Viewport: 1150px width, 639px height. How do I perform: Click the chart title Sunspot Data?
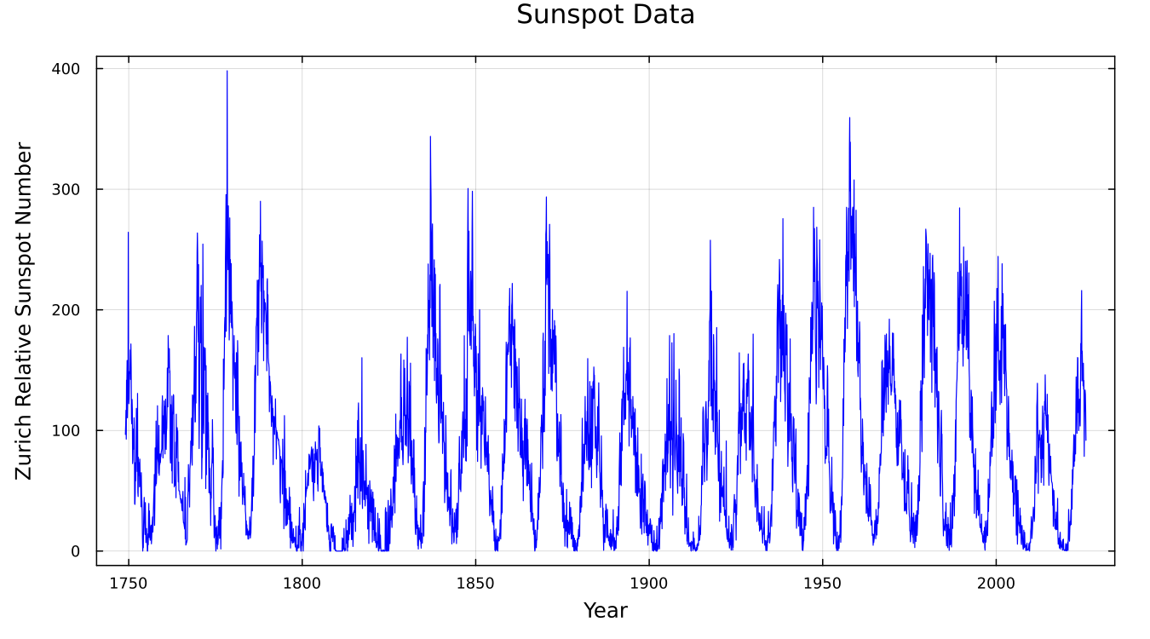pyautogui.click(x=606, y=15)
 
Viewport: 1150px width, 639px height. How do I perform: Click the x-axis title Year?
pyautogui.click(x=606, y=610)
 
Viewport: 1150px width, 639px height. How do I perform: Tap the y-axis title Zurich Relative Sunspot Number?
pyautogui.click(x=24, y=311)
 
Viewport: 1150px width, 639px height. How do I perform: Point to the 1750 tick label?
pyautogui.click(x=129, y=584)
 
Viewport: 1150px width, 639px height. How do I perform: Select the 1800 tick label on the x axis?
pyautogui.click(x=302, y=584)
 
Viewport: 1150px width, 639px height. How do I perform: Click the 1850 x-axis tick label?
pyautogui.click(x=475, y=584)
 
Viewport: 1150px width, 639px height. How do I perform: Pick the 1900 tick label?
pyautogui.click(x=649, y=584)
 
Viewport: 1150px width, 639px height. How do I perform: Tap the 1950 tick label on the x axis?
pyautogui.click(x=822, y=584)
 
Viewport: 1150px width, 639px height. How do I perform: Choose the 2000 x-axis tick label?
pyautogui.click(x=996, y=584)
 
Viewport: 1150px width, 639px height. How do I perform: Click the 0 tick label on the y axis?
pyautogui.click(x=76, y=551)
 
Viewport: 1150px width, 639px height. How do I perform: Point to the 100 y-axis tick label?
pyautogui.click(x=64, y=430)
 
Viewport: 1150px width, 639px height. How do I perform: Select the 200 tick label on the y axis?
pyautogui.click(x=64, y=310)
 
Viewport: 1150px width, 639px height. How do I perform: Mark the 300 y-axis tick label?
pyautogui.click(x=64, y=189)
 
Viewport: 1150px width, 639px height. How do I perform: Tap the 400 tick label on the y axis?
pyautogui.click(x=64, y=68)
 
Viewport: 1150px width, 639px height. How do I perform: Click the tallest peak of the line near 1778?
pyautogui.click(x=227, y=72)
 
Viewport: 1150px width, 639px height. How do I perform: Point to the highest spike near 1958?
pyautogui.click(x=849, y=118)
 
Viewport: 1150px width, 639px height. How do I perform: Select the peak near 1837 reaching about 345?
pyautogui.click(x=430, y=136)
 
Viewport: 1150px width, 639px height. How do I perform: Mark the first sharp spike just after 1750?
pyautogui.click(x=129, y=233)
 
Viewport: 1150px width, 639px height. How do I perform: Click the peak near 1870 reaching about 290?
pyautogui.click(x=546, y=198)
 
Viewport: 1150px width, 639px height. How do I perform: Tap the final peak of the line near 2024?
pyautogui.click(x=1082, y=291)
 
